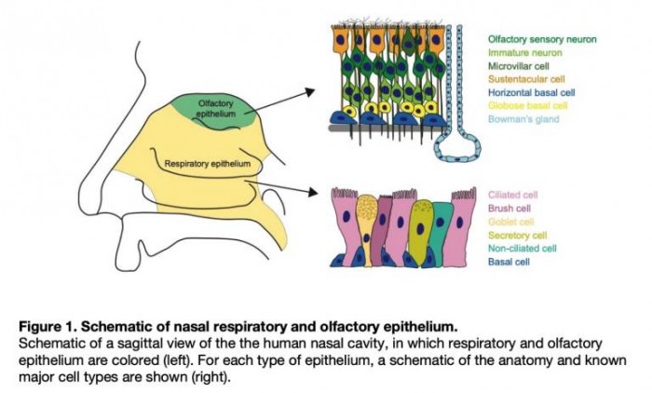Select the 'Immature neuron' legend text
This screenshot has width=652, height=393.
click(520, 53)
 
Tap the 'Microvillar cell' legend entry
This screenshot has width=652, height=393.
click(519, 66)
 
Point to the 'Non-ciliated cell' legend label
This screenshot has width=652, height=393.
click(523, 248)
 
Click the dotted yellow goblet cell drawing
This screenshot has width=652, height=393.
click(369, 228)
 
